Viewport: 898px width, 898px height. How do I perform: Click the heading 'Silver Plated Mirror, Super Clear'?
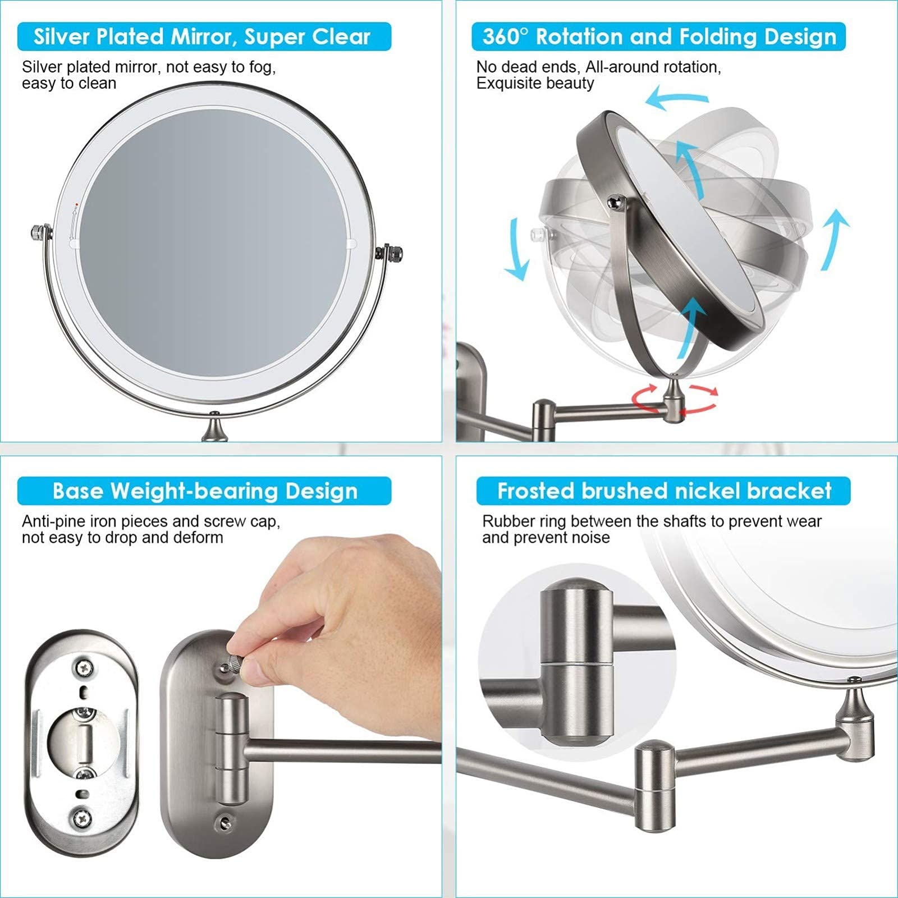(x=203, y=37)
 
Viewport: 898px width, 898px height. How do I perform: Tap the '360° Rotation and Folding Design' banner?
(x=659, y=37)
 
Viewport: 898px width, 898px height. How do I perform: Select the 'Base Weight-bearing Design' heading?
(x=204, y=491)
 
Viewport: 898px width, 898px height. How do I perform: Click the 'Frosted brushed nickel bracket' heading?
(x=663, y=491)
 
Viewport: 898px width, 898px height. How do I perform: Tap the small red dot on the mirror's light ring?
(x=76, y=197)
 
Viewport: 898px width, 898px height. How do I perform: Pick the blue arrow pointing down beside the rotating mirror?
(x=517, y=249)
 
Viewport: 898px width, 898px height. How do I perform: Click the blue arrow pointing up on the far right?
(x=835, y=239)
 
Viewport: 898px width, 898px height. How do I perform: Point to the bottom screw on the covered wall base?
(x=226, y=823)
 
